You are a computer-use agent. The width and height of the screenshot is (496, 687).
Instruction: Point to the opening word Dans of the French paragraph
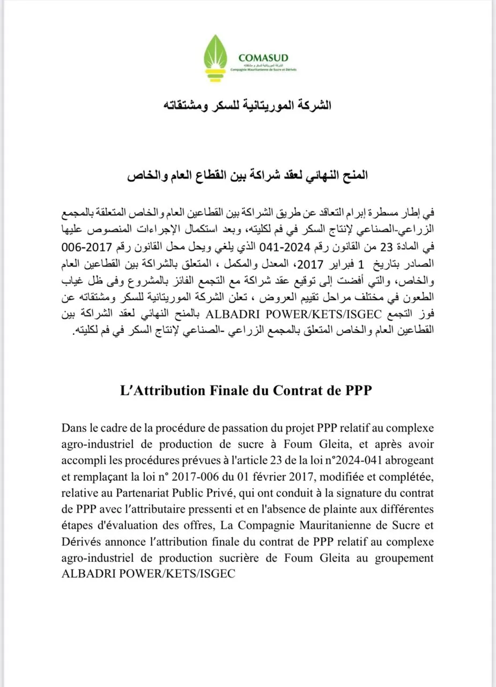[74, 428]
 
